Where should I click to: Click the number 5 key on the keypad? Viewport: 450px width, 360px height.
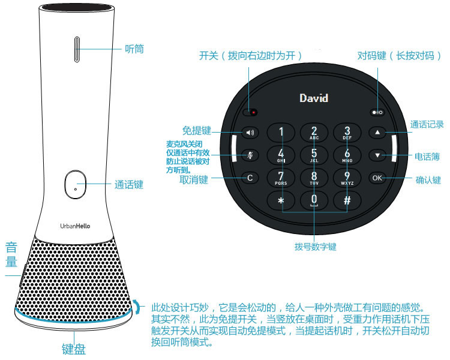pyautogui.click(x=314, y=154)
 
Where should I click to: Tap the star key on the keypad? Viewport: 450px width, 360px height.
pyautogui.click(x=281, y=200)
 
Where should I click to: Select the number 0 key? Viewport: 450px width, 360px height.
pyautogui.click(x=314, y=200)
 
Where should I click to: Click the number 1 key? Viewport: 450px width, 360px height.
pyautogui.click(x=281, y=132)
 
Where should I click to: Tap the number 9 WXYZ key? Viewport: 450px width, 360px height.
pyautogui.click(x=347, y=177)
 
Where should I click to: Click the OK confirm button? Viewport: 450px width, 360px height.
pyautogui.click(x=377, y=178)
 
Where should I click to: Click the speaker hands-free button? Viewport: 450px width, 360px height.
pyautogui.click(x=249, y=133)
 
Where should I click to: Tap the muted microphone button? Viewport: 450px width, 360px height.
pyautogui.click(x=249, y=155)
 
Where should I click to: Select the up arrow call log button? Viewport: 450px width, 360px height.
pyautogui.click(x=377, y=132)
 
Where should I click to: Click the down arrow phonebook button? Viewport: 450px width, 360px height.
pyautogui.click(x=377, y=155)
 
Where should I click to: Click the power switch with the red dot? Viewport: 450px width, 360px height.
pyautogui.click(x=251, y=112)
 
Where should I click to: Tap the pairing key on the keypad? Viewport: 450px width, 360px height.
pyautogui.click(x=377, y=112)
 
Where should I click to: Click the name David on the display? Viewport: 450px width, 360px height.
pyautogui.click(x=314, y=98)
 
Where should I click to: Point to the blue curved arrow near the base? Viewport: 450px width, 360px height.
pyautogui.click(x=140, y=306)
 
